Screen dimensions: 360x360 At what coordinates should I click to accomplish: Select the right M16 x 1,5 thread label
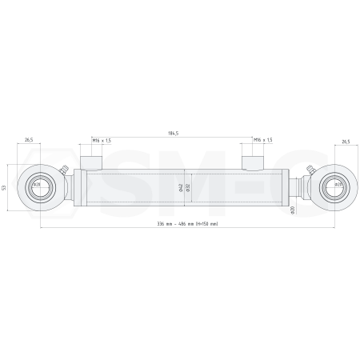(x=262, y=140)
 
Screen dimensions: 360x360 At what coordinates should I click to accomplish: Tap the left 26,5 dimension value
(x=30, y=140)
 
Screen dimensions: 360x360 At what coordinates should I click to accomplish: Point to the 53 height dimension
(x=6, y=187)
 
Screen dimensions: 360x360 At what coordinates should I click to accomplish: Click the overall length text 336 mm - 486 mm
(x=188, y=223)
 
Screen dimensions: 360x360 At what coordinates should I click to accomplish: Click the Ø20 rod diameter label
(x=293, y=210)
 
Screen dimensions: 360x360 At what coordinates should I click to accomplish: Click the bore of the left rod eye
(x=37, y=188)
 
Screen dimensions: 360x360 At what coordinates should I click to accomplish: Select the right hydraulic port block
(x=254, y=162)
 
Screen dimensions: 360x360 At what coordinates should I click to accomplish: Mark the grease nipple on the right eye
(x=315, y=170)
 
